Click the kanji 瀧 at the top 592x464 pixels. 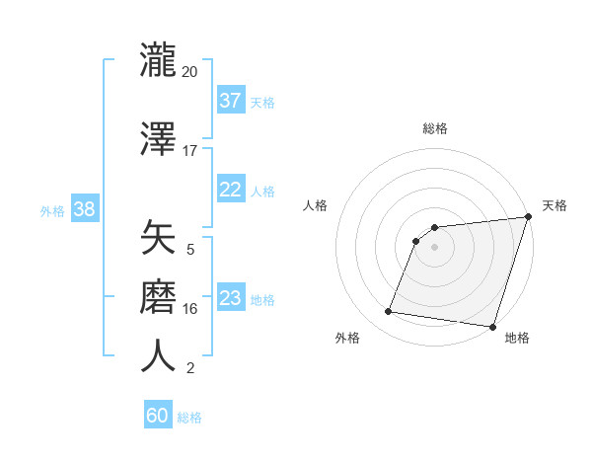159,60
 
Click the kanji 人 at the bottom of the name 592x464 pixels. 159,355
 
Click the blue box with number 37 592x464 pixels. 231,101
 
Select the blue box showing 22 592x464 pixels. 231,191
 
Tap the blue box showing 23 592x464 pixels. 231,298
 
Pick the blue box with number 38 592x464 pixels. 84,209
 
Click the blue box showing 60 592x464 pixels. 158,416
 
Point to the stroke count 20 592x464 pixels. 190,72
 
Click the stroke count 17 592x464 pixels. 190,151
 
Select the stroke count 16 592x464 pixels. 190,309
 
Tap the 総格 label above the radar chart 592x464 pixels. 435,128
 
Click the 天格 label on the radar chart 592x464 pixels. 555,205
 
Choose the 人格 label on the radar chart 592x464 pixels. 316,205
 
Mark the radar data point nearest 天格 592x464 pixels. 528,217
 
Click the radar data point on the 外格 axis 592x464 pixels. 389,312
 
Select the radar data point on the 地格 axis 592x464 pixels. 492,326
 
